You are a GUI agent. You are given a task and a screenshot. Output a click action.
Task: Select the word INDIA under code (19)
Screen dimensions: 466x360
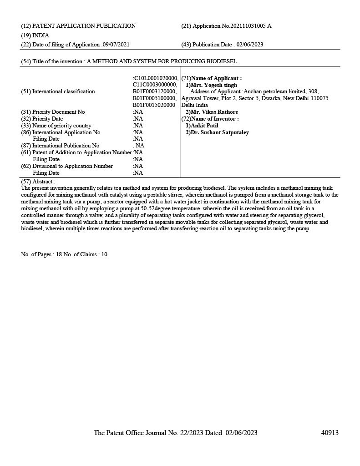pos(41,35)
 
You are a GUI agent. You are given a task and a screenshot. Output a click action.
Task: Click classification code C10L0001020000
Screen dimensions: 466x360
pos(155,78)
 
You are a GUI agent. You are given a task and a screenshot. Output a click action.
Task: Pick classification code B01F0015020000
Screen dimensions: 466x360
pos(154,105)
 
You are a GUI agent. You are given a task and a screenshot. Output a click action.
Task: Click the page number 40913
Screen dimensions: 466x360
pos(330,433)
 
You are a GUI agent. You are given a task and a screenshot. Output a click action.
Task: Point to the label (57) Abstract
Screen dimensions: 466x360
pos(38,181)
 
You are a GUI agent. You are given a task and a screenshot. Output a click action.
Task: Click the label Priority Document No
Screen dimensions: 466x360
pos(59,112)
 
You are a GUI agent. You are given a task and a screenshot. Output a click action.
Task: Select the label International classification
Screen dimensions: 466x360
pos(64,91)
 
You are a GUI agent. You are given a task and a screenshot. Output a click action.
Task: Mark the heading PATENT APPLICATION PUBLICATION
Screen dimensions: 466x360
pos(84,26)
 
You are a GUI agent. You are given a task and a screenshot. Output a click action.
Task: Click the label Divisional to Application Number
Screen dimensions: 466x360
pos(72,166)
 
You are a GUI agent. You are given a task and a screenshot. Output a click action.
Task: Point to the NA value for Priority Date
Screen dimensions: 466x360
pos(138,119)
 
